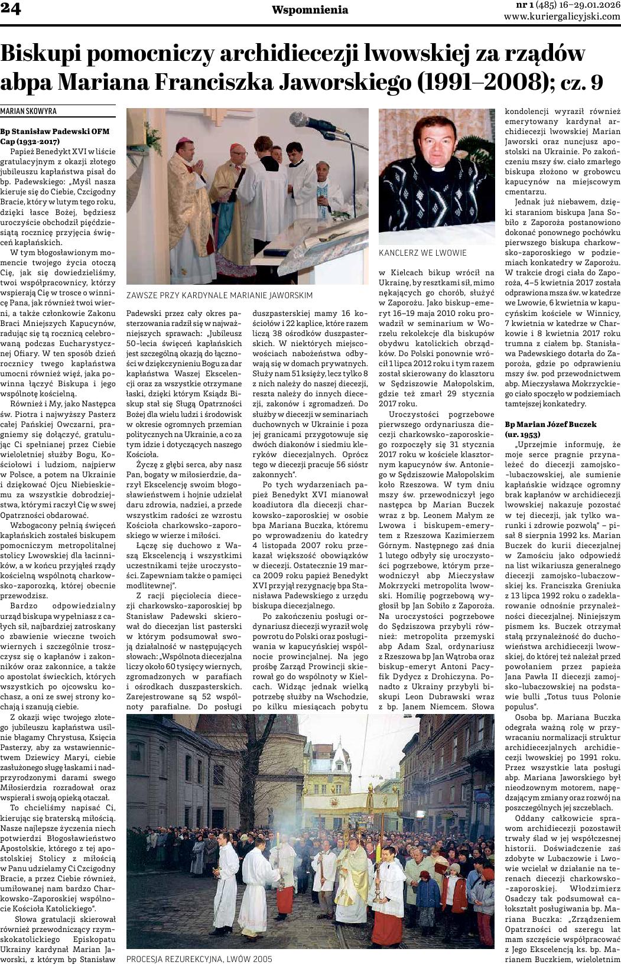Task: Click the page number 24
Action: coord(11,10)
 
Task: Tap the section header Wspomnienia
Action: coord(301,10)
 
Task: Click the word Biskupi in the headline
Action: coord(42,54)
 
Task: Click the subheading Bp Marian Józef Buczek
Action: coord(551,424)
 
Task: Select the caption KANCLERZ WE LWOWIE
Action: coord(422,253)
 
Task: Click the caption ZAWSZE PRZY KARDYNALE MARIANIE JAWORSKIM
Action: coord(219,295)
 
